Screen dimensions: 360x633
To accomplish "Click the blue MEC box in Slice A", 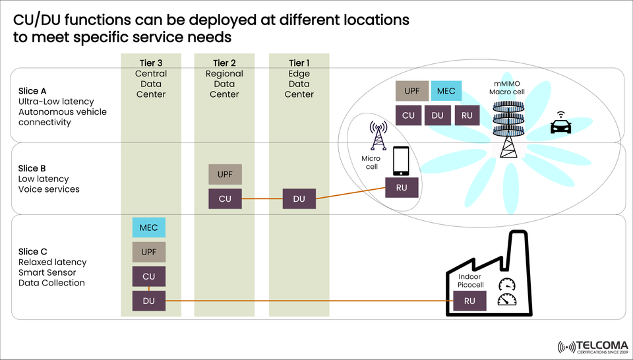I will pos(446,91).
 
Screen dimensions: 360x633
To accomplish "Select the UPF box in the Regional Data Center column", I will pos(224,174).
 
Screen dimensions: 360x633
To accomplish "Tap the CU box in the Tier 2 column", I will pos(224,198).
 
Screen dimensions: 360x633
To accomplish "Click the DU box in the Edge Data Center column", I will pos(299,198).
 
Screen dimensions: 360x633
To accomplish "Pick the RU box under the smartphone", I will pos(402,188).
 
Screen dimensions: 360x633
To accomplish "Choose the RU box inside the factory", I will pos(469,301).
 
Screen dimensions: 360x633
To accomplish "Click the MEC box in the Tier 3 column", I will pos(148,227).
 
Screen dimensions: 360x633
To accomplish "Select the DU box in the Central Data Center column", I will pos(148,301).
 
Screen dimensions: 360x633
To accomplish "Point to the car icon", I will pos(560,125).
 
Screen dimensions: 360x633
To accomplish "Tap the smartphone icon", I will pos(402,161).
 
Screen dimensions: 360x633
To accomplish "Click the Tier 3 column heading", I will pos(150,63).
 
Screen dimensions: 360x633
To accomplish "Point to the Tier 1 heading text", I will pos(299,63).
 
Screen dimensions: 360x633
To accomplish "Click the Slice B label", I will pos(32,168).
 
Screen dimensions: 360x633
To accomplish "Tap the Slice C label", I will pos(33,251).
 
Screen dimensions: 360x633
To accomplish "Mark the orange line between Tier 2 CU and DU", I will pos(261,198).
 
